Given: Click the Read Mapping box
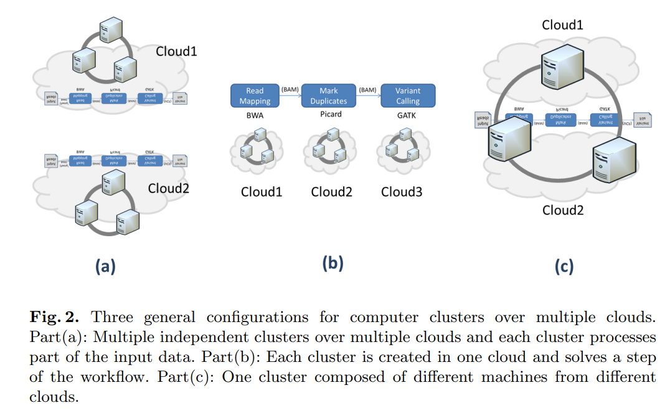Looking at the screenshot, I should [x=255, y=96].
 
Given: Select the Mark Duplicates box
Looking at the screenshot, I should [x=329, y=96].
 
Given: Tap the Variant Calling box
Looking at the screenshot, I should [x=408, y=96].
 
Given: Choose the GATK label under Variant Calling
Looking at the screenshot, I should [x=407, y=115].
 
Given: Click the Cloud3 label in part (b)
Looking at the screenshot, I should [x=402, y=192].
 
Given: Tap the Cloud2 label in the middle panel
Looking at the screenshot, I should [x=331, y=192].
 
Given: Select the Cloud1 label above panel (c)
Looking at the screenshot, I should [x=562, y=25].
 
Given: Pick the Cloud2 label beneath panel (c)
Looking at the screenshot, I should [x=562, y=210].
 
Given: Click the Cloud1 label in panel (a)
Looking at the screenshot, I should [x=176, y=51].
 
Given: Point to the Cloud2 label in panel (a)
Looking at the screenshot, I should [x=168, y=188].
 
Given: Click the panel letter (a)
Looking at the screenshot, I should [x=105, y=266].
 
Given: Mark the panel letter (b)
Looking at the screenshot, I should [x=332, y=263].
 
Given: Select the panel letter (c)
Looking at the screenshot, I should [x=563, y=266].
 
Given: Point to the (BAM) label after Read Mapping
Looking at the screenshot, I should [x=290, y=90].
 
